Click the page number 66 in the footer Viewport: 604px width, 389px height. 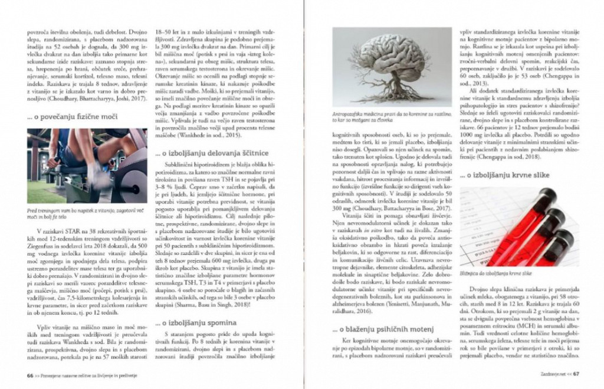point(29,374)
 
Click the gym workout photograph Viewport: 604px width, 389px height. point(87,166)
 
